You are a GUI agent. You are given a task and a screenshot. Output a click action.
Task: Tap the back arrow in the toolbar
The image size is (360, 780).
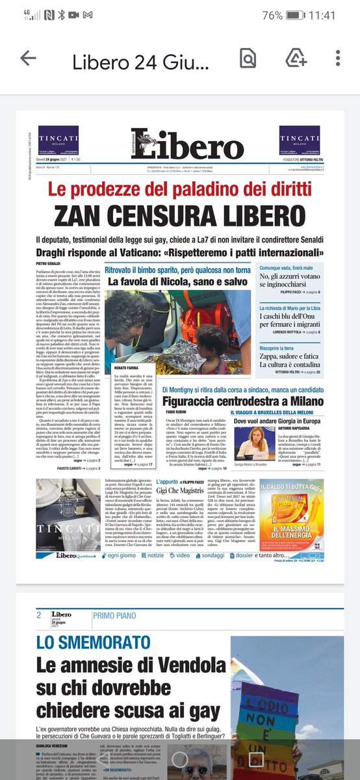point(28,58)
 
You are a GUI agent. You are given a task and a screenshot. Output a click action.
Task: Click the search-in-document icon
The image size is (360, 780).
point(248,58)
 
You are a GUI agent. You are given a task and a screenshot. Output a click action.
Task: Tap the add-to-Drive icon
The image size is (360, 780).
point(296,58)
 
